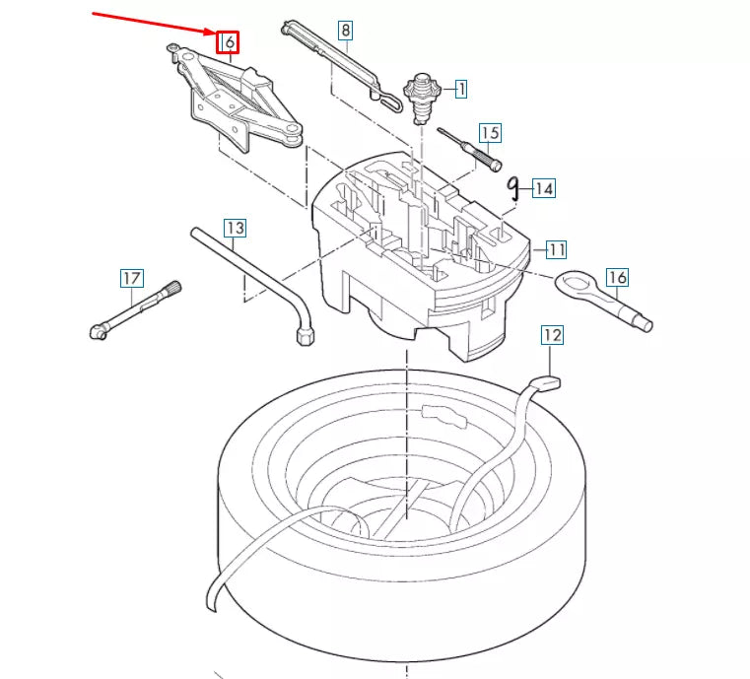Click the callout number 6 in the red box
pyautogui.click(x=228, y=43)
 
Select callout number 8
pyautogui.click(x=345, y=31)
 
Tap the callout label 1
pyautogui.click(x=459, y=89)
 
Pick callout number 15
pyautogui.click(x=491, y=133)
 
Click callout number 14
pyautogui.click(x=544, y=187)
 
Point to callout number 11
pyautogui.click(x=557, y=249)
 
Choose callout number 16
pyautogui.click(x=617, y=278)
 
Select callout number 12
pyautogui.click(x=552, y=336)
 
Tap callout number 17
pyautogui.click(x=132, y=279)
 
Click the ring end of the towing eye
pyautogui.click(x=571, y=285)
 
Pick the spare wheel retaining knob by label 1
pyautogui.click(x=424, y=94)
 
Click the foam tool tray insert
pyautogui.click(x=424, y=251)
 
